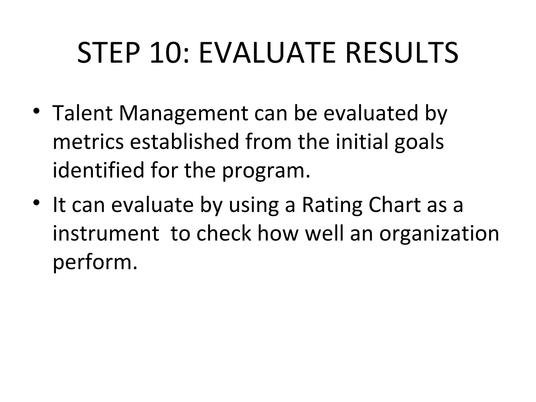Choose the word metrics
[88, 142]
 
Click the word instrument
[106, 233]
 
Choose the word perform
[95, 263]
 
